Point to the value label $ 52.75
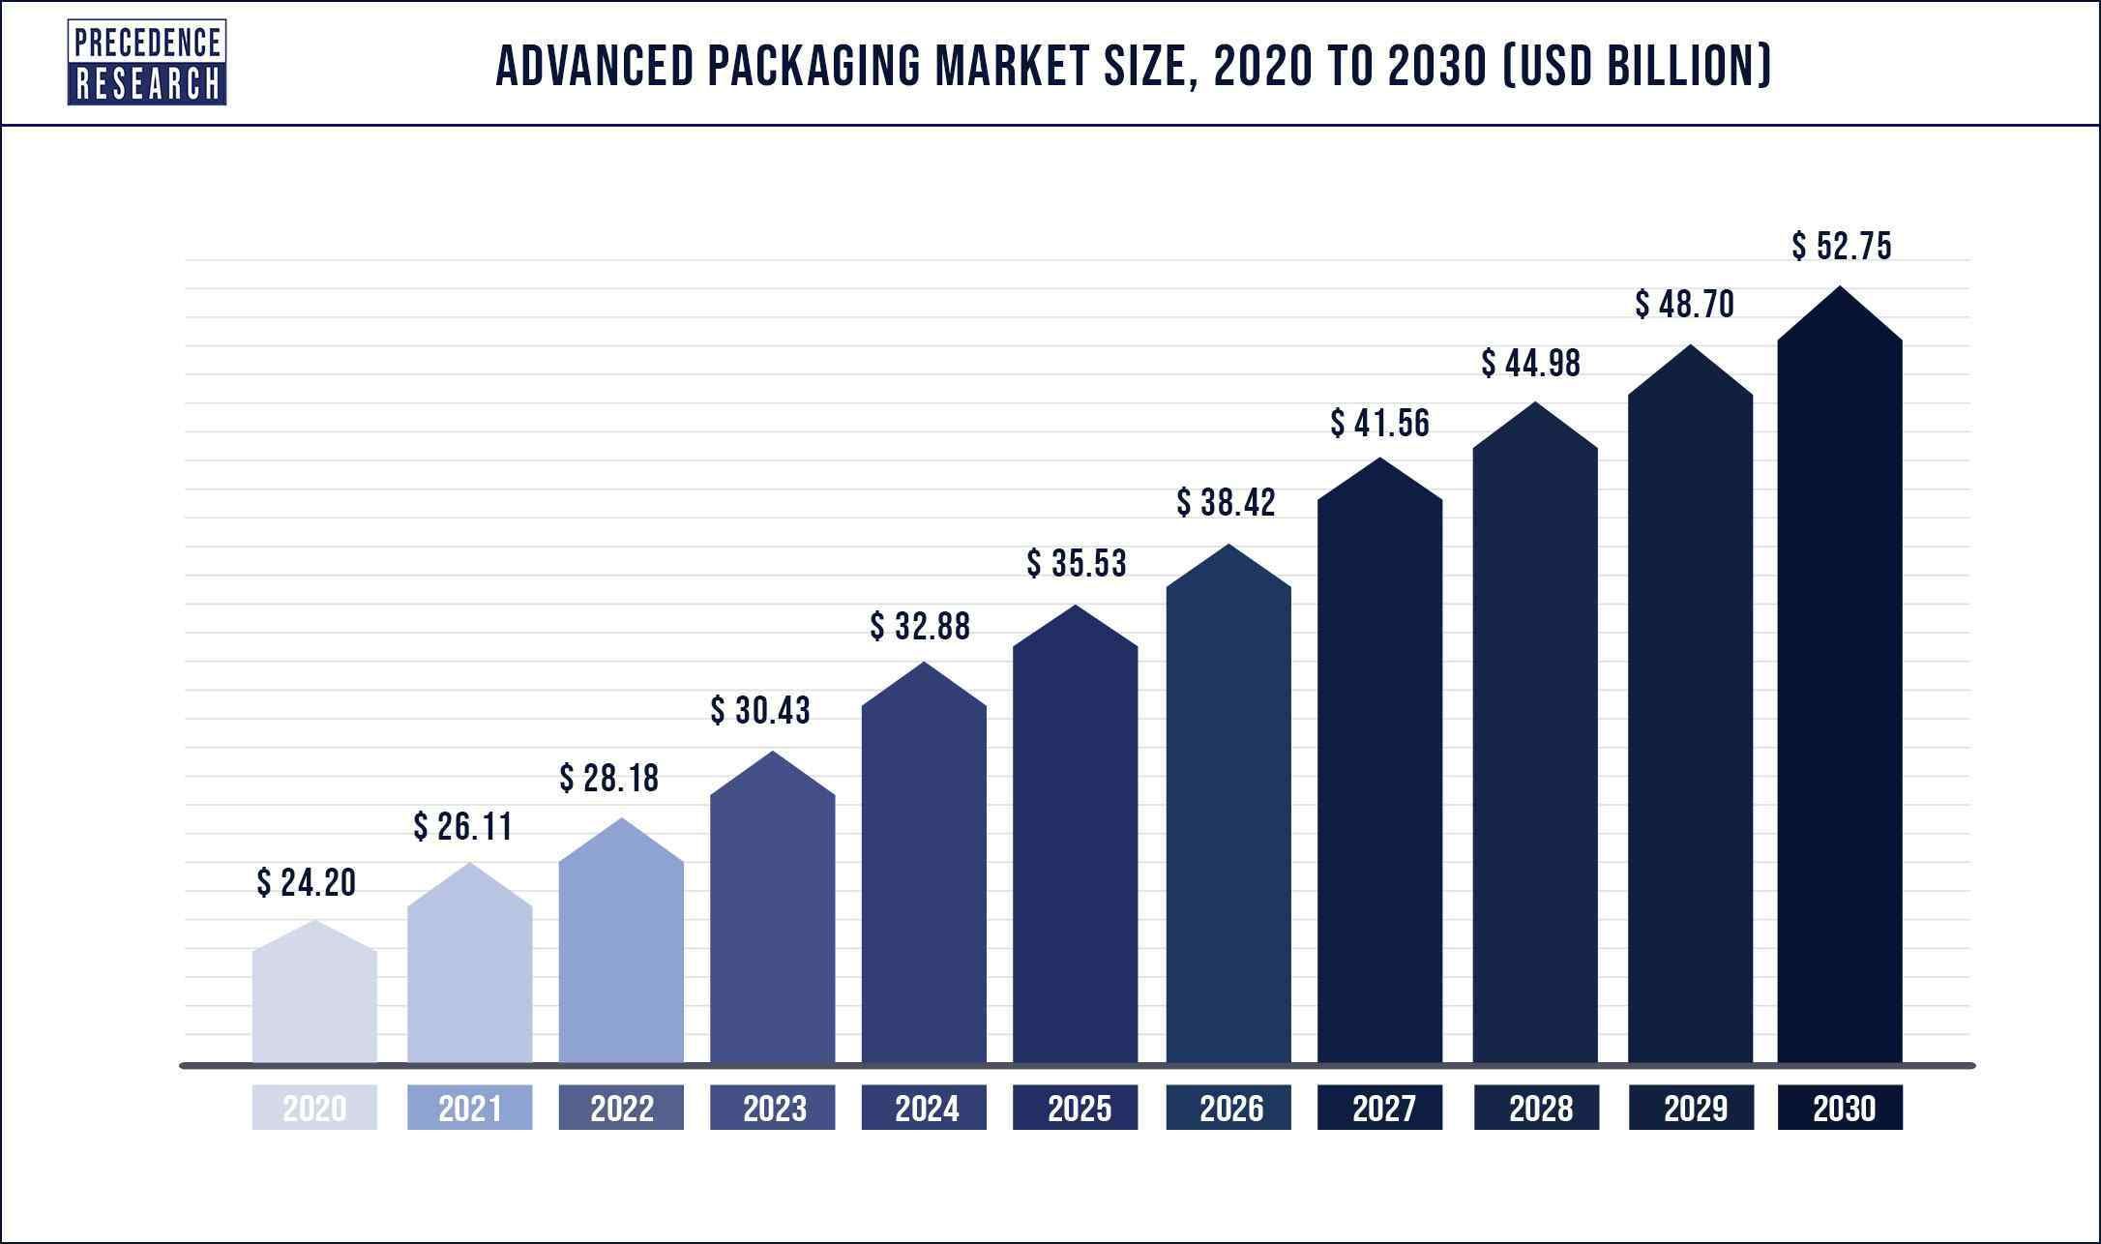coord(1841,247)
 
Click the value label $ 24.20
coord(307,882)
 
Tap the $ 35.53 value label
coord(1077,563)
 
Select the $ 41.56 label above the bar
coord(1380,423)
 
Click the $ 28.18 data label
coord(609,778)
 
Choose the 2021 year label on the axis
coord(469,1108)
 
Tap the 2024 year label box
coord(924,1108)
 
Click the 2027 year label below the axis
coord(1380,1108)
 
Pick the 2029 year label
coord(1691,1108)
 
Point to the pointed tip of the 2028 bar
coord(1535,404)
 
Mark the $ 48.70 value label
coord(1685,305)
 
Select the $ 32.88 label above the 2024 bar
coord(920,627)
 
